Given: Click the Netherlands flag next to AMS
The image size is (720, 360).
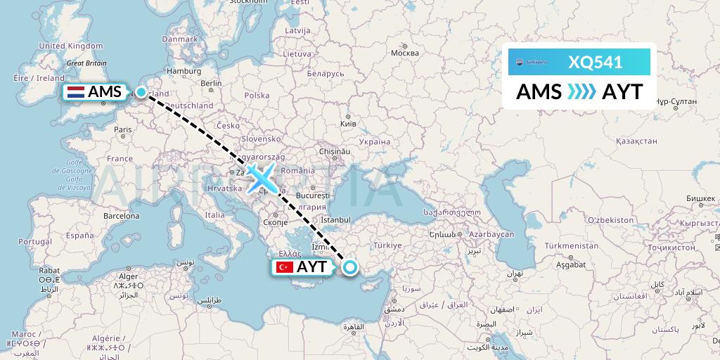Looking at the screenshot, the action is pos(75,92).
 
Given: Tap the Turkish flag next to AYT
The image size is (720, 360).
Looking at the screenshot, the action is pos(285,267).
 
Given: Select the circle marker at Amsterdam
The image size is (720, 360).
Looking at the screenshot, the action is pos(141,92).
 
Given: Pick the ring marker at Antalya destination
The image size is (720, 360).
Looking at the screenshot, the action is pos(349,266).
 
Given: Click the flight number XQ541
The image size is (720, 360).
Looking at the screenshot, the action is pos(595,62).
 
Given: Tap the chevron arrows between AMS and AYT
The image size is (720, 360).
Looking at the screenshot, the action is pos(581,92).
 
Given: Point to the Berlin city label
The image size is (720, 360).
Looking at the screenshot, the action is pos(211,83).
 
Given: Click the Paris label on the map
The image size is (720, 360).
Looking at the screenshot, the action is pos(124,129).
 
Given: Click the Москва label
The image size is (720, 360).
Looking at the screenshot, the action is pos(404,53).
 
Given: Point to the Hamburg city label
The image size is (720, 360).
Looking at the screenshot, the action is pos(184,71).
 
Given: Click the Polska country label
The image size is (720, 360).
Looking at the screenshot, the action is pos(257,96).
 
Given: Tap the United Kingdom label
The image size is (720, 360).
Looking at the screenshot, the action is pos(70,46).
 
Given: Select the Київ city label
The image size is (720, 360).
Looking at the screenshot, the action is pos(347,124).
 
